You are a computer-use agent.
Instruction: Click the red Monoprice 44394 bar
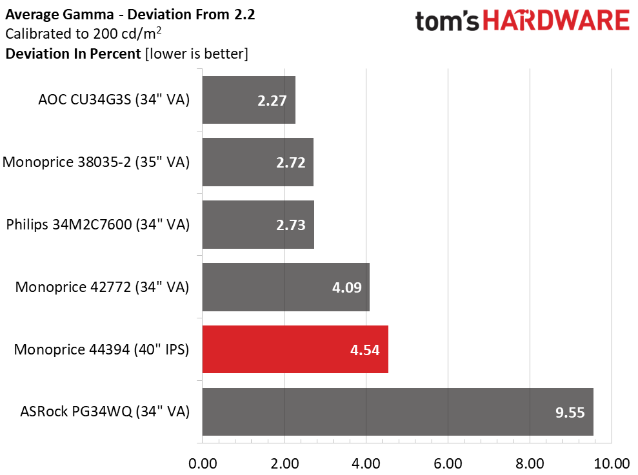tap(295, 349)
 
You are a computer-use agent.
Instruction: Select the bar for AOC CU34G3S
tap(248, 100)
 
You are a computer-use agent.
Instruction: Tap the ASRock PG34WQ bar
tap(397, 412)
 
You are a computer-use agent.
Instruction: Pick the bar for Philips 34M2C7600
tap(258, 224)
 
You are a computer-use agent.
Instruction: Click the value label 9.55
tap(570, 412)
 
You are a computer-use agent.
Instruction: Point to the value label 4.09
tap(346, 287)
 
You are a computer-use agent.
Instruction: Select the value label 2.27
tap(272, 101)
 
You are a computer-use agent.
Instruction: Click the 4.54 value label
tap(365, 350)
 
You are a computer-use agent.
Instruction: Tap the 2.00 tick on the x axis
tap(284, 463)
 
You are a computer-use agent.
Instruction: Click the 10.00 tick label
tap(612, 463)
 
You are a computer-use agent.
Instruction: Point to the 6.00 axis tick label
tap(448, 463)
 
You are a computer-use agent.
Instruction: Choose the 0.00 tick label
tap(203, 463)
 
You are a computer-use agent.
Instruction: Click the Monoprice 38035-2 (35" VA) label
tap(96, 162)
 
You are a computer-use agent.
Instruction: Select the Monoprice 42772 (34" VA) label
tap(102, 287)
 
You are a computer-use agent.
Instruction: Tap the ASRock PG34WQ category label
tap(105, 412)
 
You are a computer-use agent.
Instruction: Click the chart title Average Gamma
tap(59, 15)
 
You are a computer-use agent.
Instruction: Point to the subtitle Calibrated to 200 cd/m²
tap(83, 34)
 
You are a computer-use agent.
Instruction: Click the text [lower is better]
tap(197, 53)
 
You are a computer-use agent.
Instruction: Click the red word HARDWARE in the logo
tap(556, 21)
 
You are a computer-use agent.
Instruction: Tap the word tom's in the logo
tap(447, 21)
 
